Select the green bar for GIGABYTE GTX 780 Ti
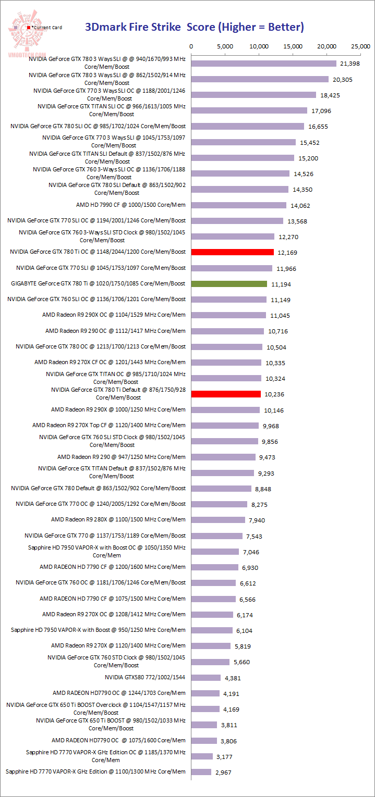coord(229,284)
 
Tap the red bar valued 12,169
coord(233,252)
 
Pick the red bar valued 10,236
coord(226,394)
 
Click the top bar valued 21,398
coord(264,64)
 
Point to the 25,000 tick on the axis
coord(361,46)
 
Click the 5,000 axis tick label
coord(225,46)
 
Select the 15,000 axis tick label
coord(293,46)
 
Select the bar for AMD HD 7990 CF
coord(239,205)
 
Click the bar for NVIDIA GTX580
coord(206,678)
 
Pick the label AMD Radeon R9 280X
coord(118,519)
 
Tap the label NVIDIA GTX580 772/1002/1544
coord(145,677)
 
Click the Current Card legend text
coord(47,28)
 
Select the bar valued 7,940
coord(218,520)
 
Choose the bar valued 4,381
coord(206,678)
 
